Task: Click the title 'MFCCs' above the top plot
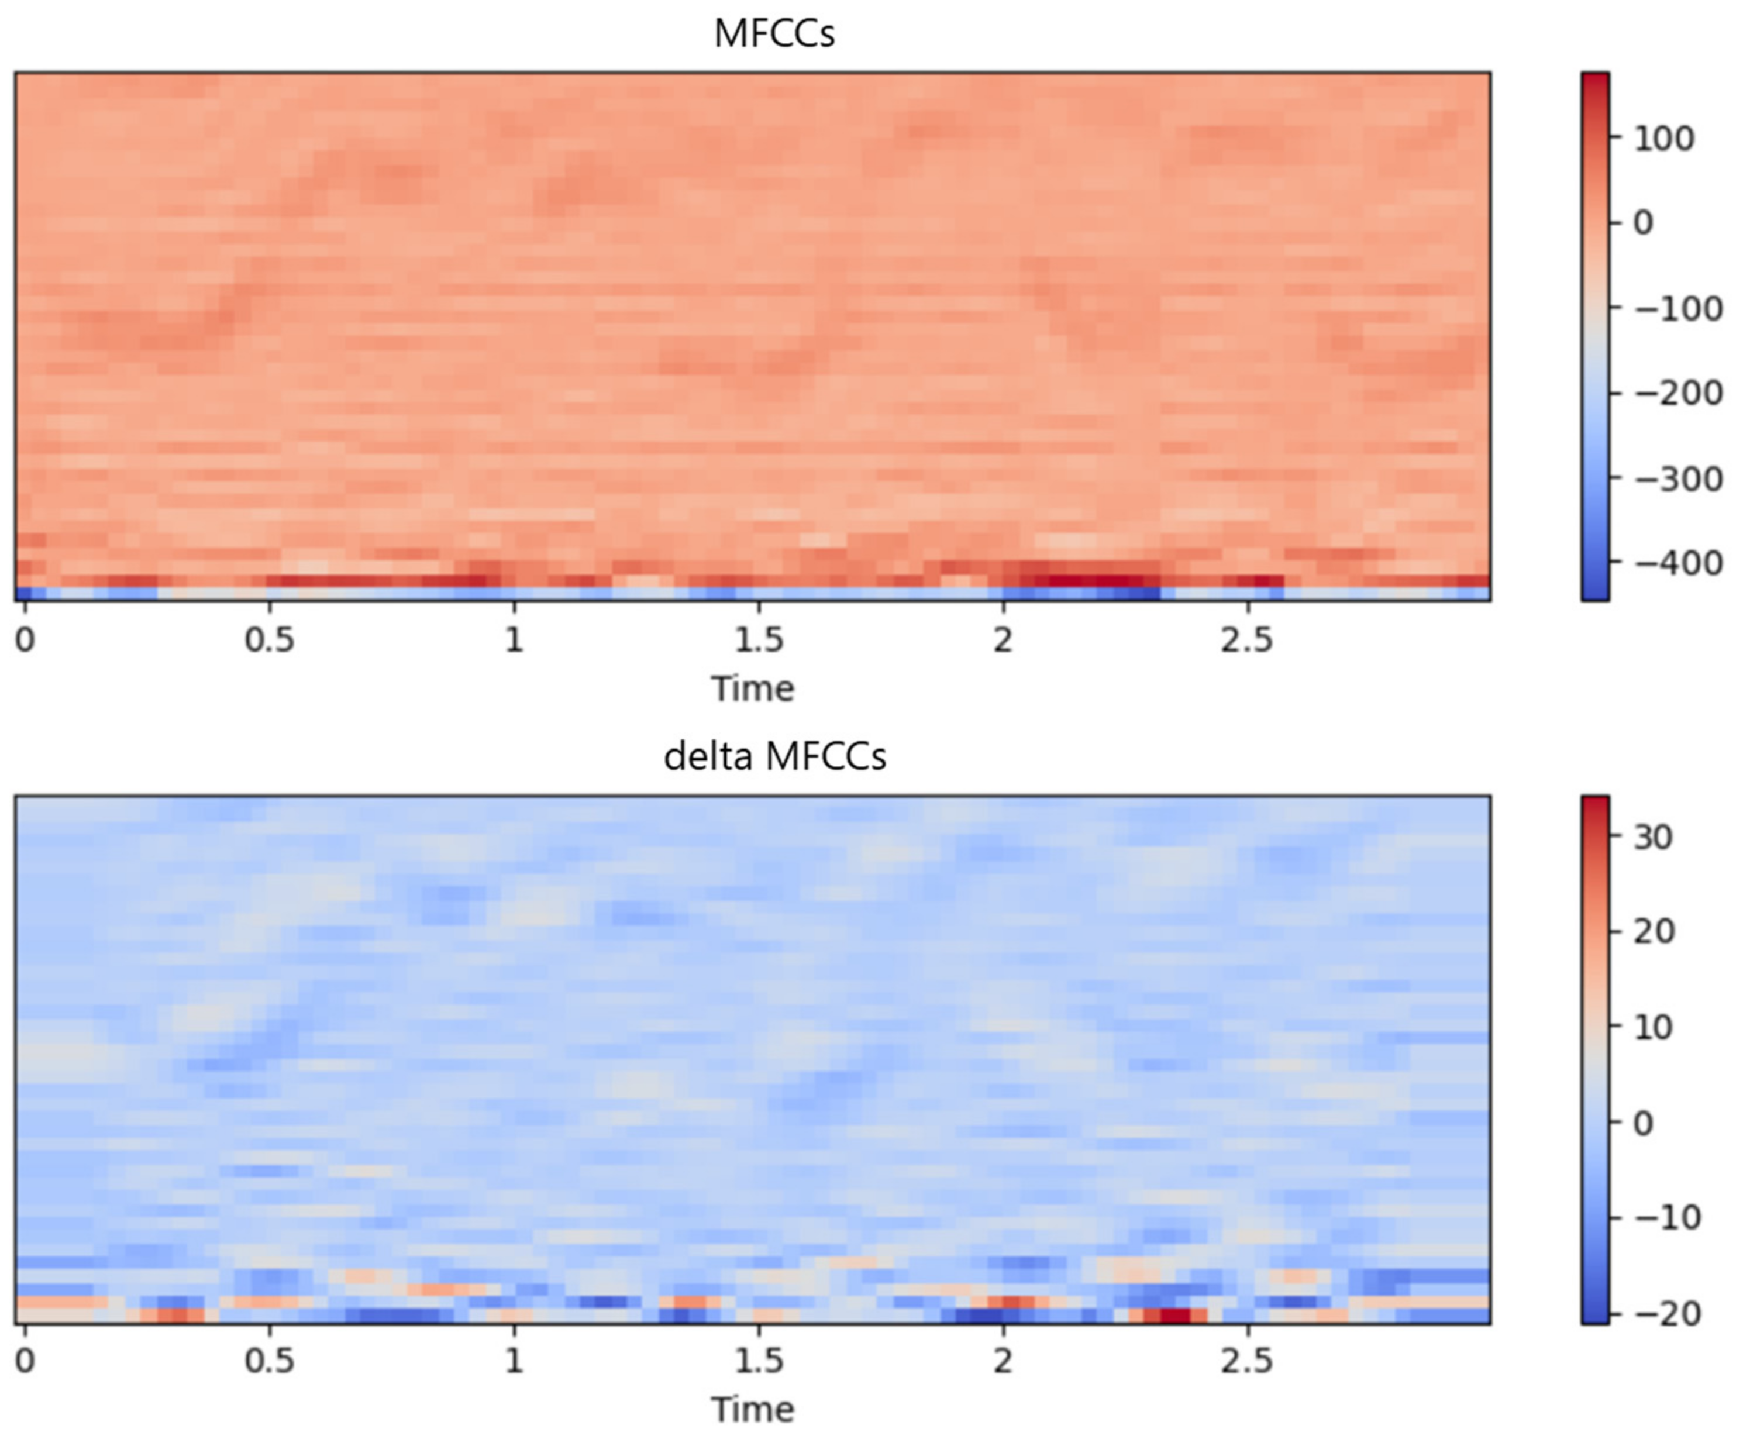pos(773,34)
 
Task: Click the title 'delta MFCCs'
pos(774,756)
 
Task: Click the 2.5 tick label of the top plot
pos(1246,640)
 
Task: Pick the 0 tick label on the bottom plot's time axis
pos(25,1361)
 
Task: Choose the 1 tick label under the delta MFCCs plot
pos(514,1361)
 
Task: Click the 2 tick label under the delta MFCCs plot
pos(1003,1361)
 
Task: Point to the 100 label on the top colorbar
pos(1664,139)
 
